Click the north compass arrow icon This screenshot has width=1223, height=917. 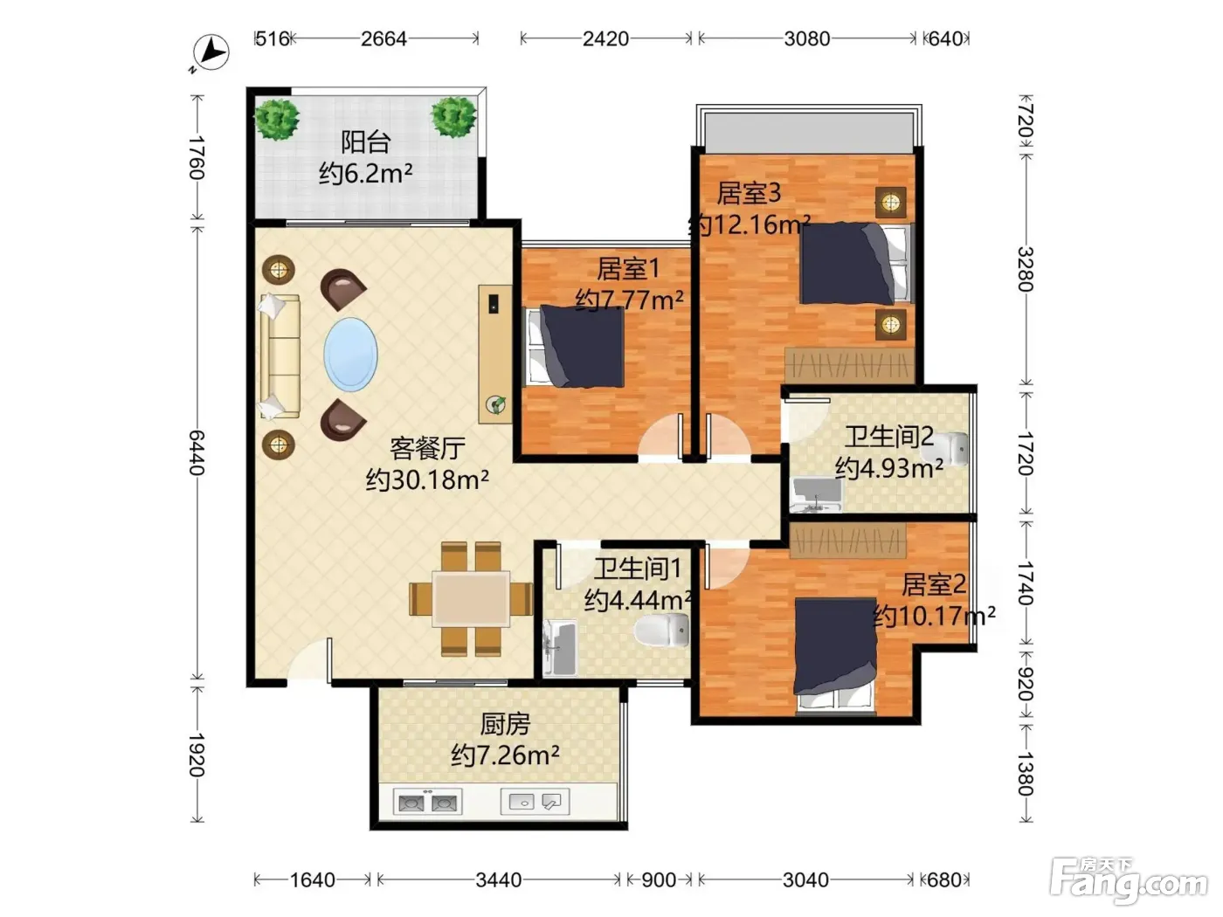click(211, 53)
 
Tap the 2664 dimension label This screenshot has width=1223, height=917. click(383, 38)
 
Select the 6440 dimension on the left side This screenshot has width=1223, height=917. click(197, 452)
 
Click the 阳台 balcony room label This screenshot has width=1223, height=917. click(365, 141)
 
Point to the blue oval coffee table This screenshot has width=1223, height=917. click(350, 354)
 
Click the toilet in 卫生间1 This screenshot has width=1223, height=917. click(661, 630)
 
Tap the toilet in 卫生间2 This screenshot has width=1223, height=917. click(945, 448)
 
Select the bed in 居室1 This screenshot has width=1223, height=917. click(575, 346)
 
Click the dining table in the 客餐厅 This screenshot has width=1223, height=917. click(471, 598)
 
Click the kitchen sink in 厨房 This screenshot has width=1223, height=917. click(535, 801)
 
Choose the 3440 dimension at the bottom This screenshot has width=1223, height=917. click(499, 879)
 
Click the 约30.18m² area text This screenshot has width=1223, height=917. click(427, 479)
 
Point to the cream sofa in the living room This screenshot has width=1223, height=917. click(280, 356)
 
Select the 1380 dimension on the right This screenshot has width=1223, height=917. click(1026, 774)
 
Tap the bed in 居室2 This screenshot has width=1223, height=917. click(835, 656)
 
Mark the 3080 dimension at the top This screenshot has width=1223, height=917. click(807, 38)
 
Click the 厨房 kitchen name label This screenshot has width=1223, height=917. click(505, 724)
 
